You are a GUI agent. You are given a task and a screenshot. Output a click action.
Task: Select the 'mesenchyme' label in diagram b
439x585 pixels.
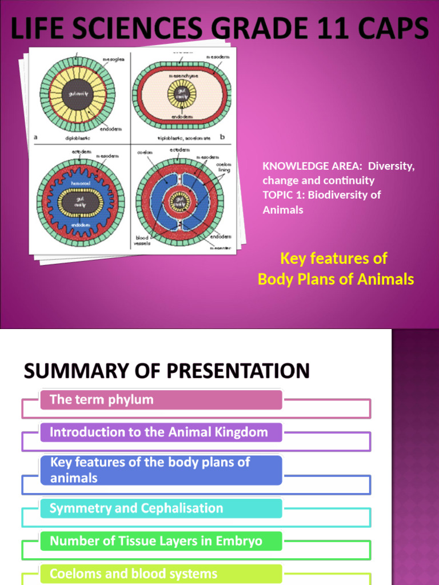(181, 75)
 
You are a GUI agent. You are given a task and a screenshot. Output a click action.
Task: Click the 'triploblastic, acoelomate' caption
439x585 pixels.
(185, 138)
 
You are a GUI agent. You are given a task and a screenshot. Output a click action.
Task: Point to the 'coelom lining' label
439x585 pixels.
(224, 167)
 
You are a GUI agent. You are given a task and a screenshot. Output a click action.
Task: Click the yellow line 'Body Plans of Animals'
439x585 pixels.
(336, 279)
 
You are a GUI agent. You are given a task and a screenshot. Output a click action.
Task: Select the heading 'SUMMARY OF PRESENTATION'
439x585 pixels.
(166, 371)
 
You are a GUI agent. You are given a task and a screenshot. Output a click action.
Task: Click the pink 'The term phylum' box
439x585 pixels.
(161, 400)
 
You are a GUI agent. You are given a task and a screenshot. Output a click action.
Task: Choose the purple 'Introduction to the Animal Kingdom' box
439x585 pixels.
(161, 432)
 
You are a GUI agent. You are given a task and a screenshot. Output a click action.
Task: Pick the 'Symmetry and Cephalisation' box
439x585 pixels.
(161, 508)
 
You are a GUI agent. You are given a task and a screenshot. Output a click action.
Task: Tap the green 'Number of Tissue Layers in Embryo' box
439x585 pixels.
(161, 541)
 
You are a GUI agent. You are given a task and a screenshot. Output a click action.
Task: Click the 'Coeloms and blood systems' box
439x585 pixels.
(161, 574)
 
